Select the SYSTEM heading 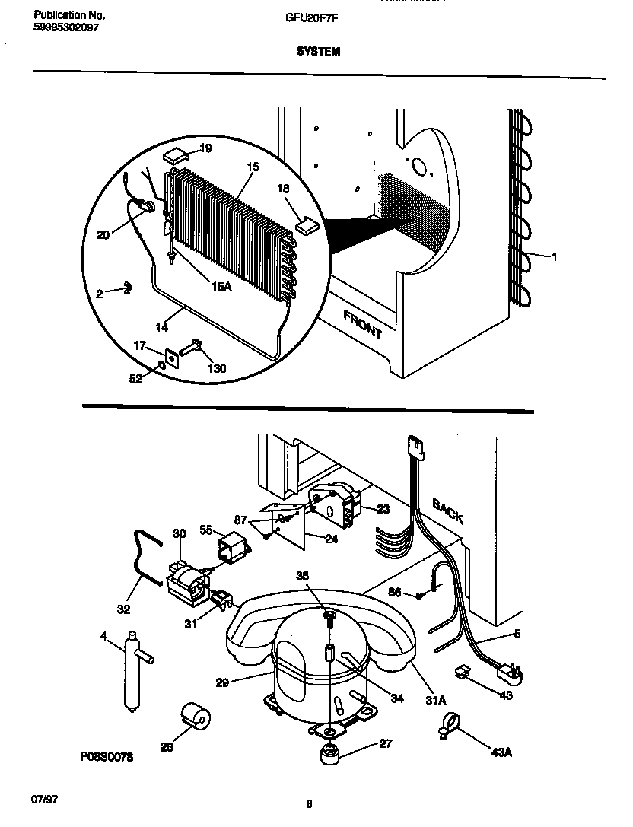(317, 52)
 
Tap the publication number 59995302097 (66, 27)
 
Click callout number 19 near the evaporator (205, 148)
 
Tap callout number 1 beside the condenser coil (554, 257)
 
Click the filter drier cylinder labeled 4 (132, 669)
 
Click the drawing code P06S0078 (106, 758)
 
